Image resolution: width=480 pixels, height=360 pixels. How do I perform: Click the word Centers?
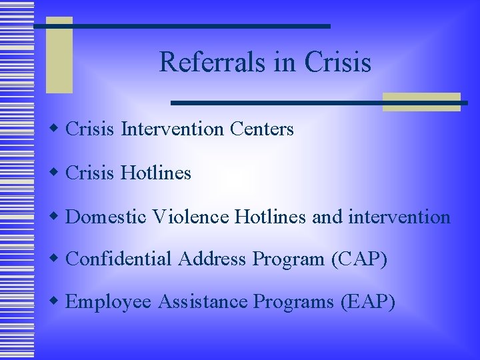(x=261, y=129)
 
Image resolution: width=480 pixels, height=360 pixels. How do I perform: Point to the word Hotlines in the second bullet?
(x=156, y=173)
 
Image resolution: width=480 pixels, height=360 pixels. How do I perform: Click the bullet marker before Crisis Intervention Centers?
(x=57, y=127)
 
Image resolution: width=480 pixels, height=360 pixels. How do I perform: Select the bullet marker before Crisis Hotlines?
(x=57, y=172)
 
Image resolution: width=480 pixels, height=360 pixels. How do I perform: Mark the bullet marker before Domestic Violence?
(x=57, y=215)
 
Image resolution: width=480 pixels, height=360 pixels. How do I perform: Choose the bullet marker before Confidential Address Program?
(x=57, y=257)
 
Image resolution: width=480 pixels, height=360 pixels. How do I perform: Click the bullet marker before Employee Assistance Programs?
(x=57, y=301)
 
